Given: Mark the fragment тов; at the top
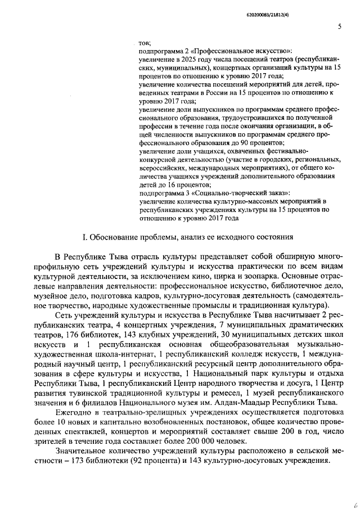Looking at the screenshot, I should (x=145, y=43).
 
